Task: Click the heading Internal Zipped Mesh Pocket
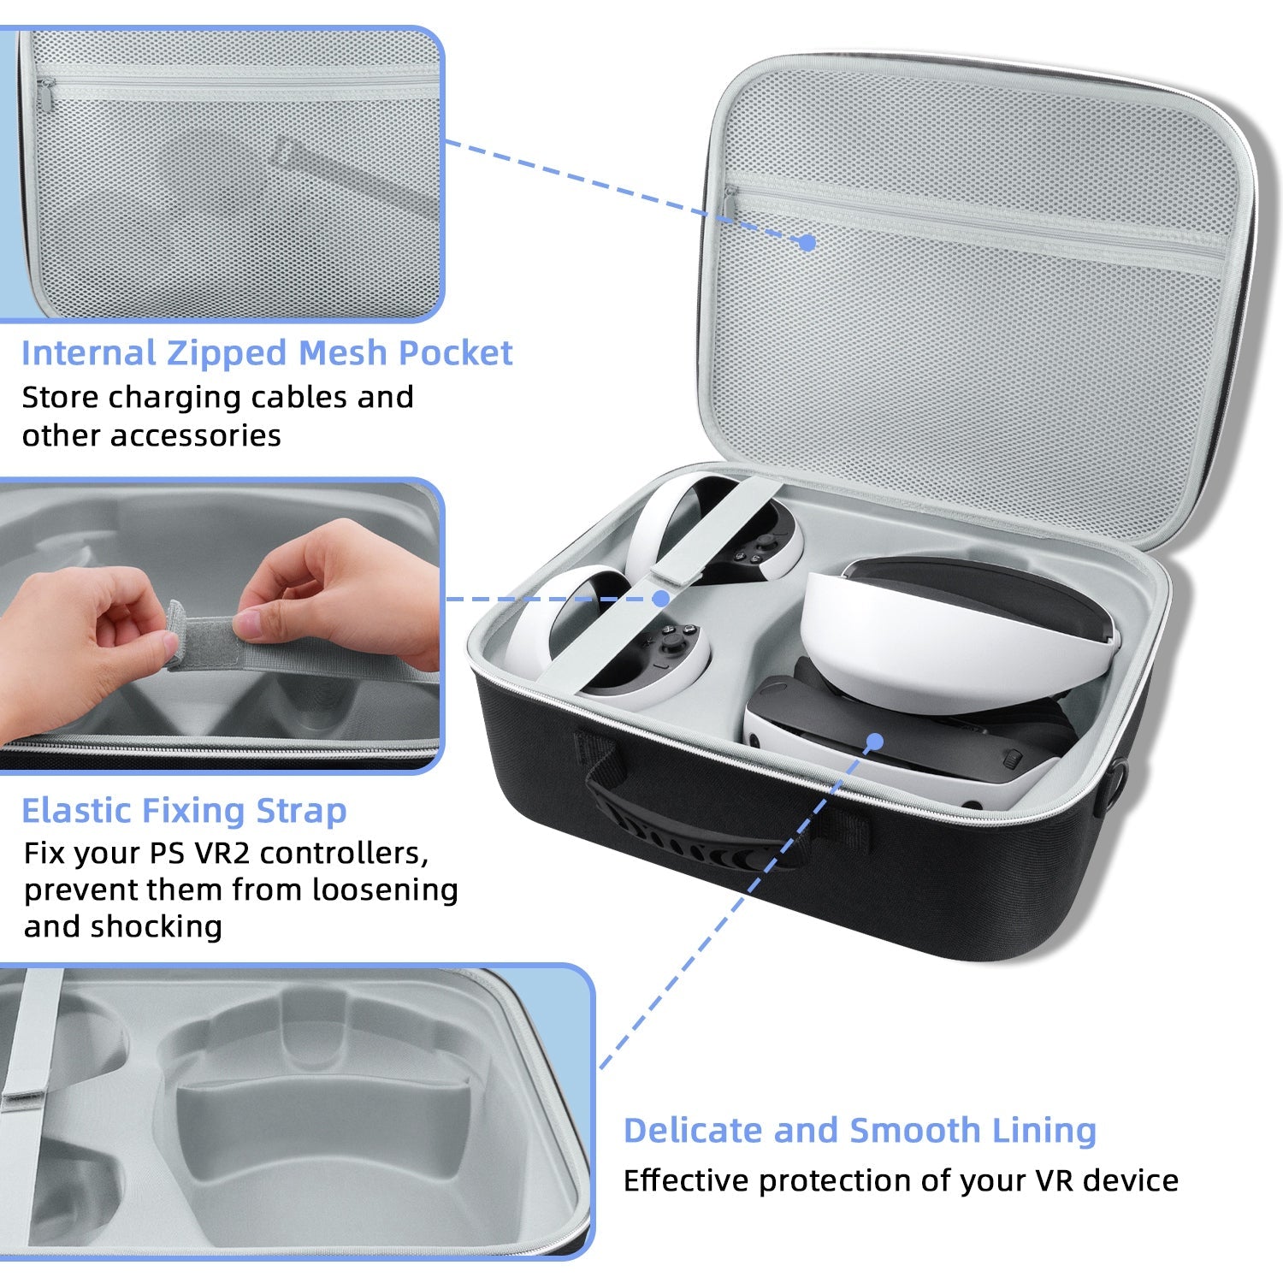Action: tap(267, 353)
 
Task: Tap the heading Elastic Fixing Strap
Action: tap(184, 810)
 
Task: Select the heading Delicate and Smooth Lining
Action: tap(860, 1131)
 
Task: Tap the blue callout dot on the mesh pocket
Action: tap(807, 242)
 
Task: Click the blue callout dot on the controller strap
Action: tap(661, 599)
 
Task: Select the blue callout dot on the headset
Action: tap(874, 741)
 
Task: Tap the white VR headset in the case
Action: tap(932, 676)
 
